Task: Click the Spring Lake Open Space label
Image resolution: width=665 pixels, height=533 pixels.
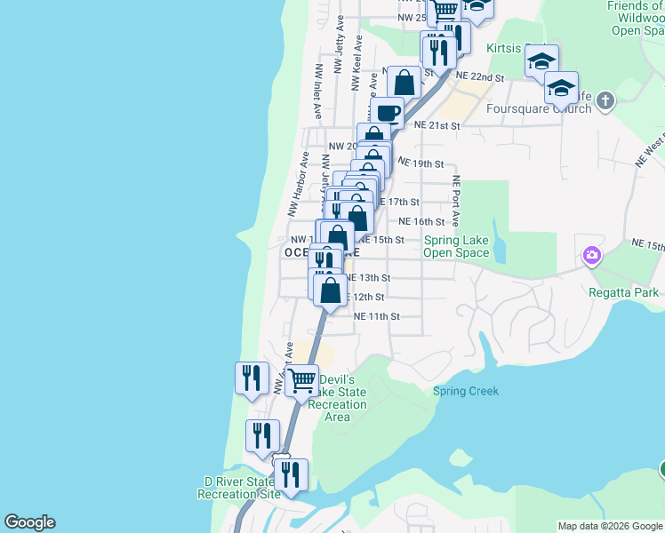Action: pos(456,246)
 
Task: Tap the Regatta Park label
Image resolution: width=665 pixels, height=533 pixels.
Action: pos(623,292)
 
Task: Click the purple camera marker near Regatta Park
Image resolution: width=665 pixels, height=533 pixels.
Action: pos(591,257)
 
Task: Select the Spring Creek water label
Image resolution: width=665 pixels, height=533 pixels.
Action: pos(466,391)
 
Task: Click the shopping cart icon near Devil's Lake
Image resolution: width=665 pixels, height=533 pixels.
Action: pos(303,380)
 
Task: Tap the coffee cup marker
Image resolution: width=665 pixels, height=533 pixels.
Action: pos(388,113)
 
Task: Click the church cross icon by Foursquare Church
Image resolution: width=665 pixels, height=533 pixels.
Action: pos(605,99)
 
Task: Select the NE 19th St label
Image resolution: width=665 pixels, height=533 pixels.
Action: pos(421,164)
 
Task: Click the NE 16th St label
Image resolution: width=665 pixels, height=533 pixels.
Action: pos(421,221)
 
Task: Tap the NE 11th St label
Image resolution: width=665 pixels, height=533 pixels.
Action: pos(377,316)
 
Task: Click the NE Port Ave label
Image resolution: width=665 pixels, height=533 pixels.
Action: pos(456,200)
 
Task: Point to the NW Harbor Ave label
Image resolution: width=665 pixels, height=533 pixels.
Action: pos(297,184)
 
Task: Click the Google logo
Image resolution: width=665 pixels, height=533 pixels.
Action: pos(29,522)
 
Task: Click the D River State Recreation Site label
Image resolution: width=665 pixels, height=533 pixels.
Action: pos(240,488)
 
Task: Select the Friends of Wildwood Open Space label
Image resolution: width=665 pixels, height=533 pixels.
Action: pos(635,18)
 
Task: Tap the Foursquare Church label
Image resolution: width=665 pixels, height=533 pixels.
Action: pos(539,108)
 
